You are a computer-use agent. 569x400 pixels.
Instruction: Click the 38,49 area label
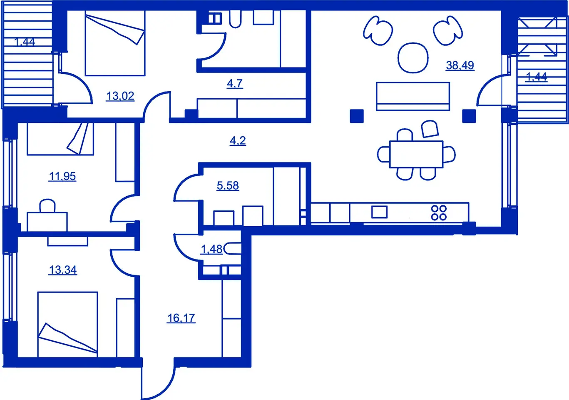(x=460, y=65)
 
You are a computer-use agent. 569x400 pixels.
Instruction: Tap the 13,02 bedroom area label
(x=120, y=96)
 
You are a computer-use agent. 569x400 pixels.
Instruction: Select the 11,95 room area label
(x=62, y=176)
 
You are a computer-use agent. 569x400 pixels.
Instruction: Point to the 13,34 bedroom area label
(x=63, y=270)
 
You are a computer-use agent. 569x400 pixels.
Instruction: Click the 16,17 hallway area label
(x=181, y=318)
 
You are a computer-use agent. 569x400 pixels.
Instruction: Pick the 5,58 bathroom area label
(x=228, y=186)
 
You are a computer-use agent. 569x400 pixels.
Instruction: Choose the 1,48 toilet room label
(x=211, y=249)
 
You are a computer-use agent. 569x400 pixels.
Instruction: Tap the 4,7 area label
(x=235, y=83)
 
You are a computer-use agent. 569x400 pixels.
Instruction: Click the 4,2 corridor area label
(x=238, y=140)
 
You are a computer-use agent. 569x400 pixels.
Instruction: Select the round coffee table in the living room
(x=413, y=58)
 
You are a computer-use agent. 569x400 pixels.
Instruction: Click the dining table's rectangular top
(x=416, y=154)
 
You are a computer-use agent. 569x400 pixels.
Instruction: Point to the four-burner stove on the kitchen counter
(x=439, y=212)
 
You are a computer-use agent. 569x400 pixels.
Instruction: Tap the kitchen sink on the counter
(x=379, y=212)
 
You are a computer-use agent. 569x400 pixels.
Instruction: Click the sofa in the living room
(x=413, y=96)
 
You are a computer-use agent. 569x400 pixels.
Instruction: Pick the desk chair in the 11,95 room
(x=47, y=205)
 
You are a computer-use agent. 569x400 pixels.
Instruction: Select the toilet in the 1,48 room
(x=232, y=249)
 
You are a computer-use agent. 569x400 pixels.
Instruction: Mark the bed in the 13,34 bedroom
(x=67, y=325)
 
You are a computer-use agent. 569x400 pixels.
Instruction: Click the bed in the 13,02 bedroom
(x=115, y=43)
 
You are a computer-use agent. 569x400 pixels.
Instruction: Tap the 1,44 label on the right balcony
(x=537, y=76)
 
